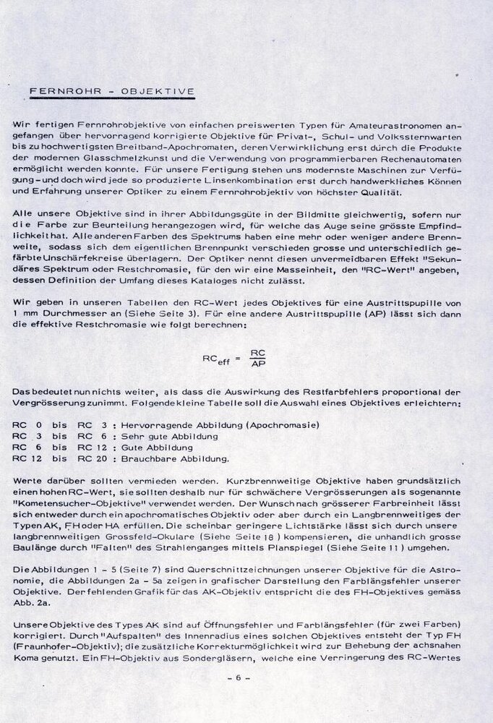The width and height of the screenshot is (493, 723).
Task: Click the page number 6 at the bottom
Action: [x=236, y=680]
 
